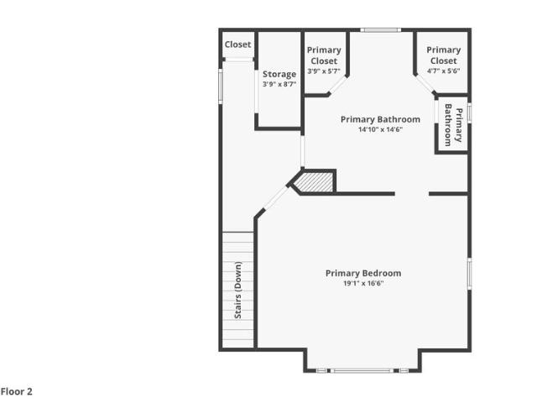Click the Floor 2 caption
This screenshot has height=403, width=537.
(x=17, y=391)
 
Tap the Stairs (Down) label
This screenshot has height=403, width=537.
(x=238, y=290)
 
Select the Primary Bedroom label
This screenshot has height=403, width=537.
(x=363, y=273)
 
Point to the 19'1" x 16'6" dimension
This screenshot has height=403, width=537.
(x=363, y=284)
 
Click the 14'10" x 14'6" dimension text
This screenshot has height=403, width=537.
(x=380, y=129)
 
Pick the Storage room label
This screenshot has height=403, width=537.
(x=279, y=75)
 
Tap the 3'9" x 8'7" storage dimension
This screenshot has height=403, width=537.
(x=279, y=84)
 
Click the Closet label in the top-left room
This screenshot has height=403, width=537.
(x=237, y=44)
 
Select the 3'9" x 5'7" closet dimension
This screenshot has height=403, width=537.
(x=324, y=71)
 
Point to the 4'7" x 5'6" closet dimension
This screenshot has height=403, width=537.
(x=444, y=71)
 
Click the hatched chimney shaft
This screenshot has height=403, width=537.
(x=314, y=183)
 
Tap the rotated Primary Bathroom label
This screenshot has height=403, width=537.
(x=453, y=125)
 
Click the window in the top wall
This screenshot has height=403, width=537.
(x=380, y=30)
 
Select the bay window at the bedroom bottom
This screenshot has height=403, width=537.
(x=362, y=370)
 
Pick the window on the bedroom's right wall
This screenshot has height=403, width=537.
(x=470, y=274)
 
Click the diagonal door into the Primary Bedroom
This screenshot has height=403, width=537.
(x=275, y=197)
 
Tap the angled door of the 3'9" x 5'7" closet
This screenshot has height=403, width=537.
(x=337, y=85)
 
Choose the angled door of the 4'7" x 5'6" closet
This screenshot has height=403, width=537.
(x=425, y=84)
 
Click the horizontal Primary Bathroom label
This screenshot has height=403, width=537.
(x=380, y=119)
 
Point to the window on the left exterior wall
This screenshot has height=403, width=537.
(x=221, y=86)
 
